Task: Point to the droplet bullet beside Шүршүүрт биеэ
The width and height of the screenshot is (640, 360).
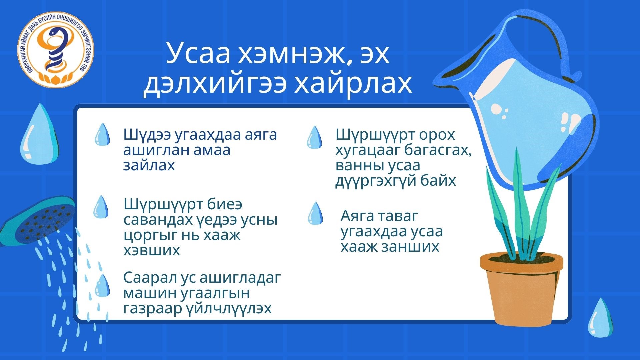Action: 101,207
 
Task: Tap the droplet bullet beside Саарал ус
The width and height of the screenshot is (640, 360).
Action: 102,285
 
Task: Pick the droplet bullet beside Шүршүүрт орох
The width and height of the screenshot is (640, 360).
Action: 314,137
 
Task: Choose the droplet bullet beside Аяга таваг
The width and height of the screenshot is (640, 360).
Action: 315,213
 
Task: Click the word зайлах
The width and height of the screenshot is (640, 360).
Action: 149,165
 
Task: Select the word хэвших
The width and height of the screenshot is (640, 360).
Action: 152,250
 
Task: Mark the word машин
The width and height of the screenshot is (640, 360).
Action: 150,293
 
